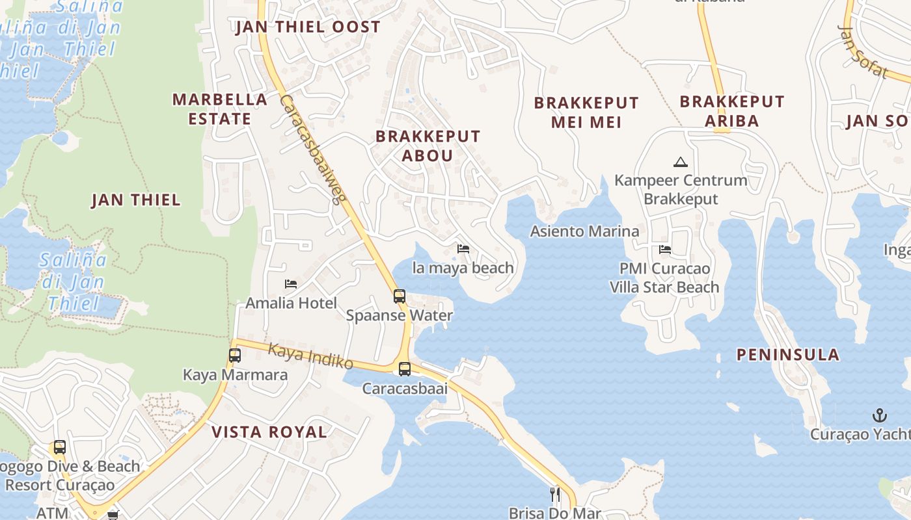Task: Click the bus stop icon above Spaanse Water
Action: click(400, 296)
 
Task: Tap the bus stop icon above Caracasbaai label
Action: click(405, 369)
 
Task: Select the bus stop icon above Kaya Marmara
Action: click(235, 356)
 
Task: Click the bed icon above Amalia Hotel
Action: click(291, 284)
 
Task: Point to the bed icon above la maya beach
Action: click(463, 249)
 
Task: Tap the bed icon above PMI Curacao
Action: click(665, 249)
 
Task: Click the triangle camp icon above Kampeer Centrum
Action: click(681, 162)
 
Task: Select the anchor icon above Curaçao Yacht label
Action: click(880, 415)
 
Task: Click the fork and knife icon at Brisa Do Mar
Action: click(555, 495)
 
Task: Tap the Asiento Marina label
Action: click(584, 231)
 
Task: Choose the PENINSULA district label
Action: click(788, 355)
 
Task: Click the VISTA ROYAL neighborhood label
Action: click(269, 432)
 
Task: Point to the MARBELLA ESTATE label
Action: click(220, 109)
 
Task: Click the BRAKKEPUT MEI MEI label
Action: click(586, 112)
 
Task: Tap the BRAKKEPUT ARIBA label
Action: click(732, 111)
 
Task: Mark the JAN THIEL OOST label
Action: click(308, 27)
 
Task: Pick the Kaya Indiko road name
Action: click(311, 356)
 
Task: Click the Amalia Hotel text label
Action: click(291, 303)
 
